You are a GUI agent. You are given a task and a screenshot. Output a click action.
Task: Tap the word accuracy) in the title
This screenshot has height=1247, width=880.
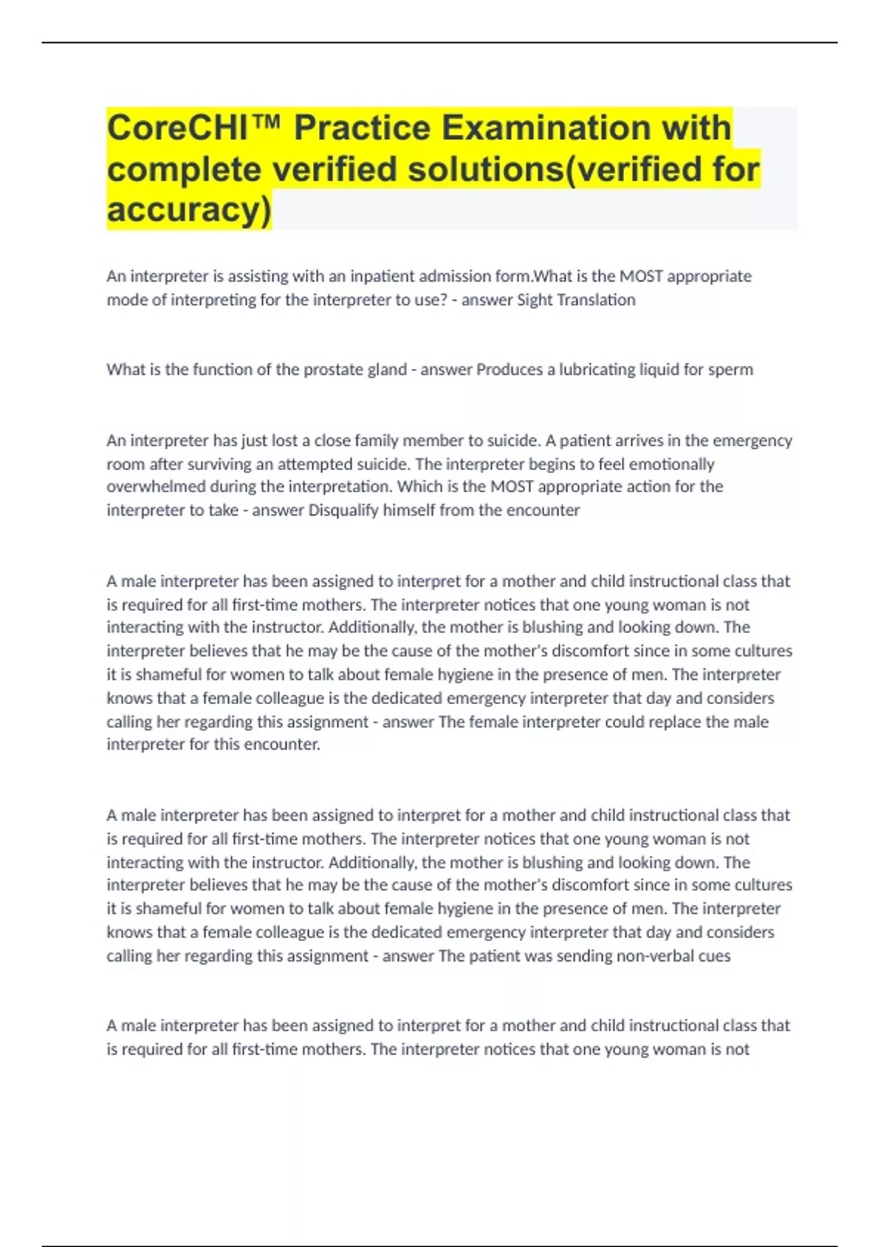[189, 209]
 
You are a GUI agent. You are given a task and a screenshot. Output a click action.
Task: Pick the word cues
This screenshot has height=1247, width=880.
[714, 956]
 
